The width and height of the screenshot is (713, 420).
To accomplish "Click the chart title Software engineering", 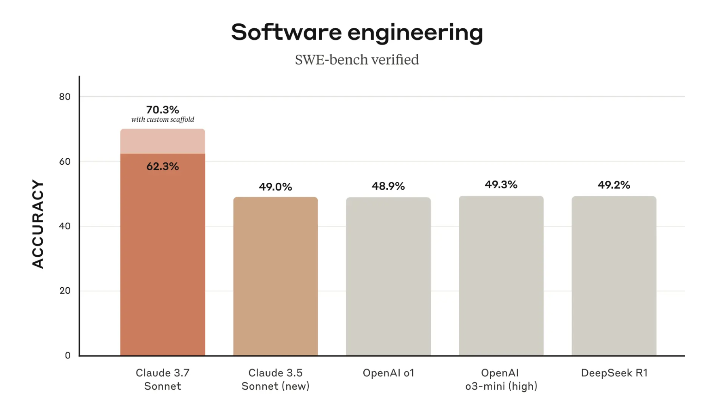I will (357, 32).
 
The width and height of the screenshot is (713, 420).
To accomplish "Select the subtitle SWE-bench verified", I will (357, 60).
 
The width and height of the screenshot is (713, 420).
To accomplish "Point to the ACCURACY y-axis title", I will (38, 224).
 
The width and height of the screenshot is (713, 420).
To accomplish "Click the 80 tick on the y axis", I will (65, 97).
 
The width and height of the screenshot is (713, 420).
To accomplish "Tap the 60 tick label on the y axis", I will (65, 162).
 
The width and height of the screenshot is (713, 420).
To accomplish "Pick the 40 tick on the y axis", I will (65, 226).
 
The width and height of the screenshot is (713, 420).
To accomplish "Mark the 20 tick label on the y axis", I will (65, 291).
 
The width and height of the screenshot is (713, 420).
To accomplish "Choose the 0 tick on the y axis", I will (68, 356).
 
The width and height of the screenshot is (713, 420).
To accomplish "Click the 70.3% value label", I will (162, 110).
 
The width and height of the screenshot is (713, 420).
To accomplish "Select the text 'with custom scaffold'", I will (162, 119).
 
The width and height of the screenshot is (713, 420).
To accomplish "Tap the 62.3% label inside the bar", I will (162, 166).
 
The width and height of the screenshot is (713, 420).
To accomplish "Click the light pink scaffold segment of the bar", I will (162, 141).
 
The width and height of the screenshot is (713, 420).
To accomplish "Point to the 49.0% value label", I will (275, 187).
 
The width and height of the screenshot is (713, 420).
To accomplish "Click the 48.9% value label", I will (388, 186).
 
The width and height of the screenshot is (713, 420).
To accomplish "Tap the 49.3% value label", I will (501, 185).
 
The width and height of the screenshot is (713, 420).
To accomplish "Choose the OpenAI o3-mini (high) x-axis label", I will (501, 380).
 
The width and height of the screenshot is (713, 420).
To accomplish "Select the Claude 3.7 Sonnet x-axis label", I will (162, 380).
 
